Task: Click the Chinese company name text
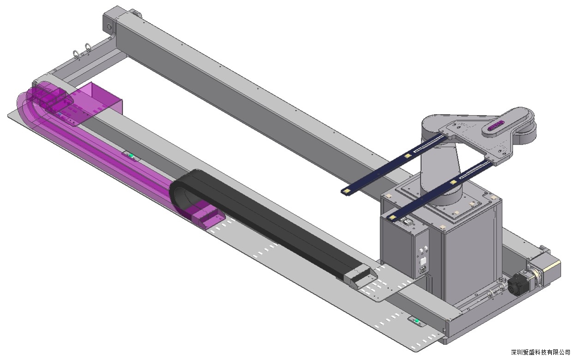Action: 540,352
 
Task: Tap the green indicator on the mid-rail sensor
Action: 131,156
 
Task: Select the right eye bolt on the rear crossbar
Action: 88,48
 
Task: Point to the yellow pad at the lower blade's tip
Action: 392,218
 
